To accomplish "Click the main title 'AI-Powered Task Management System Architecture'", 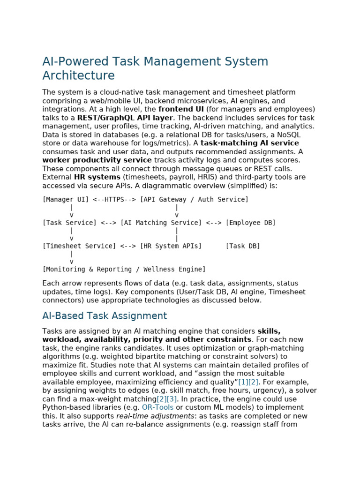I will [x=155, y=68].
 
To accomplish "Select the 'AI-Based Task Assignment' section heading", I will [x=104, y=316].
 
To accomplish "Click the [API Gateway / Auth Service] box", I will [x=194, y=200].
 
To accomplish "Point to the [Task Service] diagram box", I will [x=69, y=223].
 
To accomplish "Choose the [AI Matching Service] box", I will [x=161, y=223].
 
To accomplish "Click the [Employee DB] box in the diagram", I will [x=250, y=223].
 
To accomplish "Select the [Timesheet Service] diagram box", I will [x=79, y=246].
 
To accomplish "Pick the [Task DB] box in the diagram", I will [x=243, y=246].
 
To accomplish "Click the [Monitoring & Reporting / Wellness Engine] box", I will [x=124, y=270].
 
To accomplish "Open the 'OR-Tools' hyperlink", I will [x=157, y=407].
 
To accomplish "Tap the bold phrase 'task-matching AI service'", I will [x=249, y=143].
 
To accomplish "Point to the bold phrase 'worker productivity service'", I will [x=97, y=160].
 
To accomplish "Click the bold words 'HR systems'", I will [x=97, y=177].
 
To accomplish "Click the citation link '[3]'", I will [x=172, y=399].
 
